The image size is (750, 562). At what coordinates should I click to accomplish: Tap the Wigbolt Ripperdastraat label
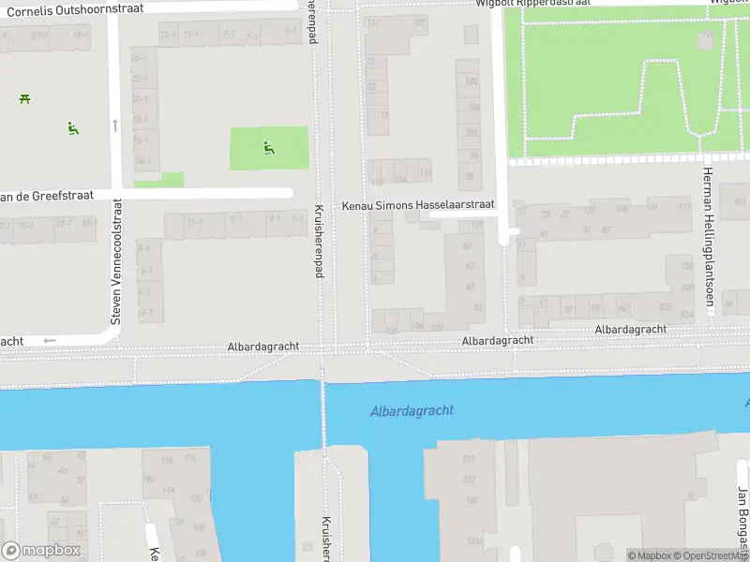tap(532, 3)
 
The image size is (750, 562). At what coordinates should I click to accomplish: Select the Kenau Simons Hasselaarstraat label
tap(417, 205)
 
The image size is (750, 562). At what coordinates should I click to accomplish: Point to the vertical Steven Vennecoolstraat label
tap(116, 261)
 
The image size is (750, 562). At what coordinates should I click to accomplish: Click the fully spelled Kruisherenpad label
tap(319, 241)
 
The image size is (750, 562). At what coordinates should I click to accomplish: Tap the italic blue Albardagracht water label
tap(412, 410)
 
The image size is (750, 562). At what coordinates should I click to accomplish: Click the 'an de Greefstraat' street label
tap(47, 196)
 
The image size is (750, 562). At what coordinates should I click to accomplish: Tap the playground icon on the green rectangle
tap(269, 147)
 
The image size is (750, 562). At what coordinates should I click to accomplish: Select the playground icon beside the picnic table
tap(72, 128)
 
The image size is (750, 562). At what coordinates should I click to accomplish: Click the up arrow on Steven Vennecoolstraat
tap(115, 125)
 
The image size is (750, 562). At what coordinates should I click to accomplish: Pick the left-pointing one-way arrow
tap(50, 341)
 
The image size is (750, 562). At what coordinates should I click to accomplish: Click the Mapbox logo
tap(40, 551)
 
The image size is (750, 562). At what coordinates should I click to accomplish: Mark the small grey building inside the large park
tap(705, 39)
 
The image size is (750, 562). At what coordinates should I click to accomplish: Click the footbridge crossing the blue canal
tap(323, 412)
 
